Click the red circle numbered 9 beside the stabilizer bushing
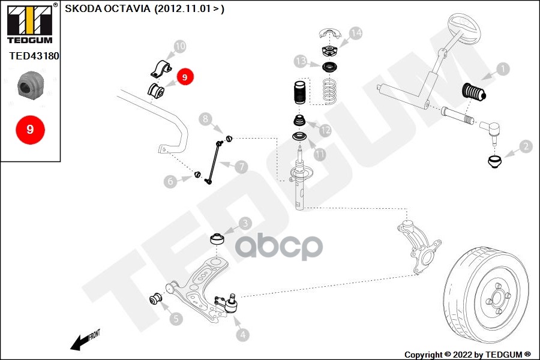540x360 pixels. [185, 77]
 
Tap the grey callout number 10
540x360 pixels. [180, 46]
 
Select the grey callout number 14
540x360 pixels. [356, 33]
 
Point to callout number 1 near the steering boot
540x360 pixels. [503, 69]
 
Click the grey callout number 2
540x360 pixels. [526, 146]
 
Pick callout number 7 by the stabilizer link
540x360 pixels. [241, 167]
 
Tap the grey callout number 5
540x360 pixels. [176, 319]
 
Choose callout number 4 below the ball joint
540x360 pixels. [243, 335]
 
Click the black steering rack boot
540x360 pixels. [474, 92]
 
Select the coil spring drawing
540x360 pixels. [329, 91]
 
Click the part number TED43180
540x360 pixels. [34, 56]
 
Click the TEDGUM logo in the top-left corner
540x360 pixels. [31, 23]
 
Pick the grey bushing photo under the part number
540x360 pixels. [31, 84]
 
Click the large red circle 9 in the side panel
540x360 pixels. [31, 130]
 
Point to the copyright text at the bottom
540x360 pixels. [467, 355]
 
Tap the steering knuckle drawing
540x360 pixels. [418, 247]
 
